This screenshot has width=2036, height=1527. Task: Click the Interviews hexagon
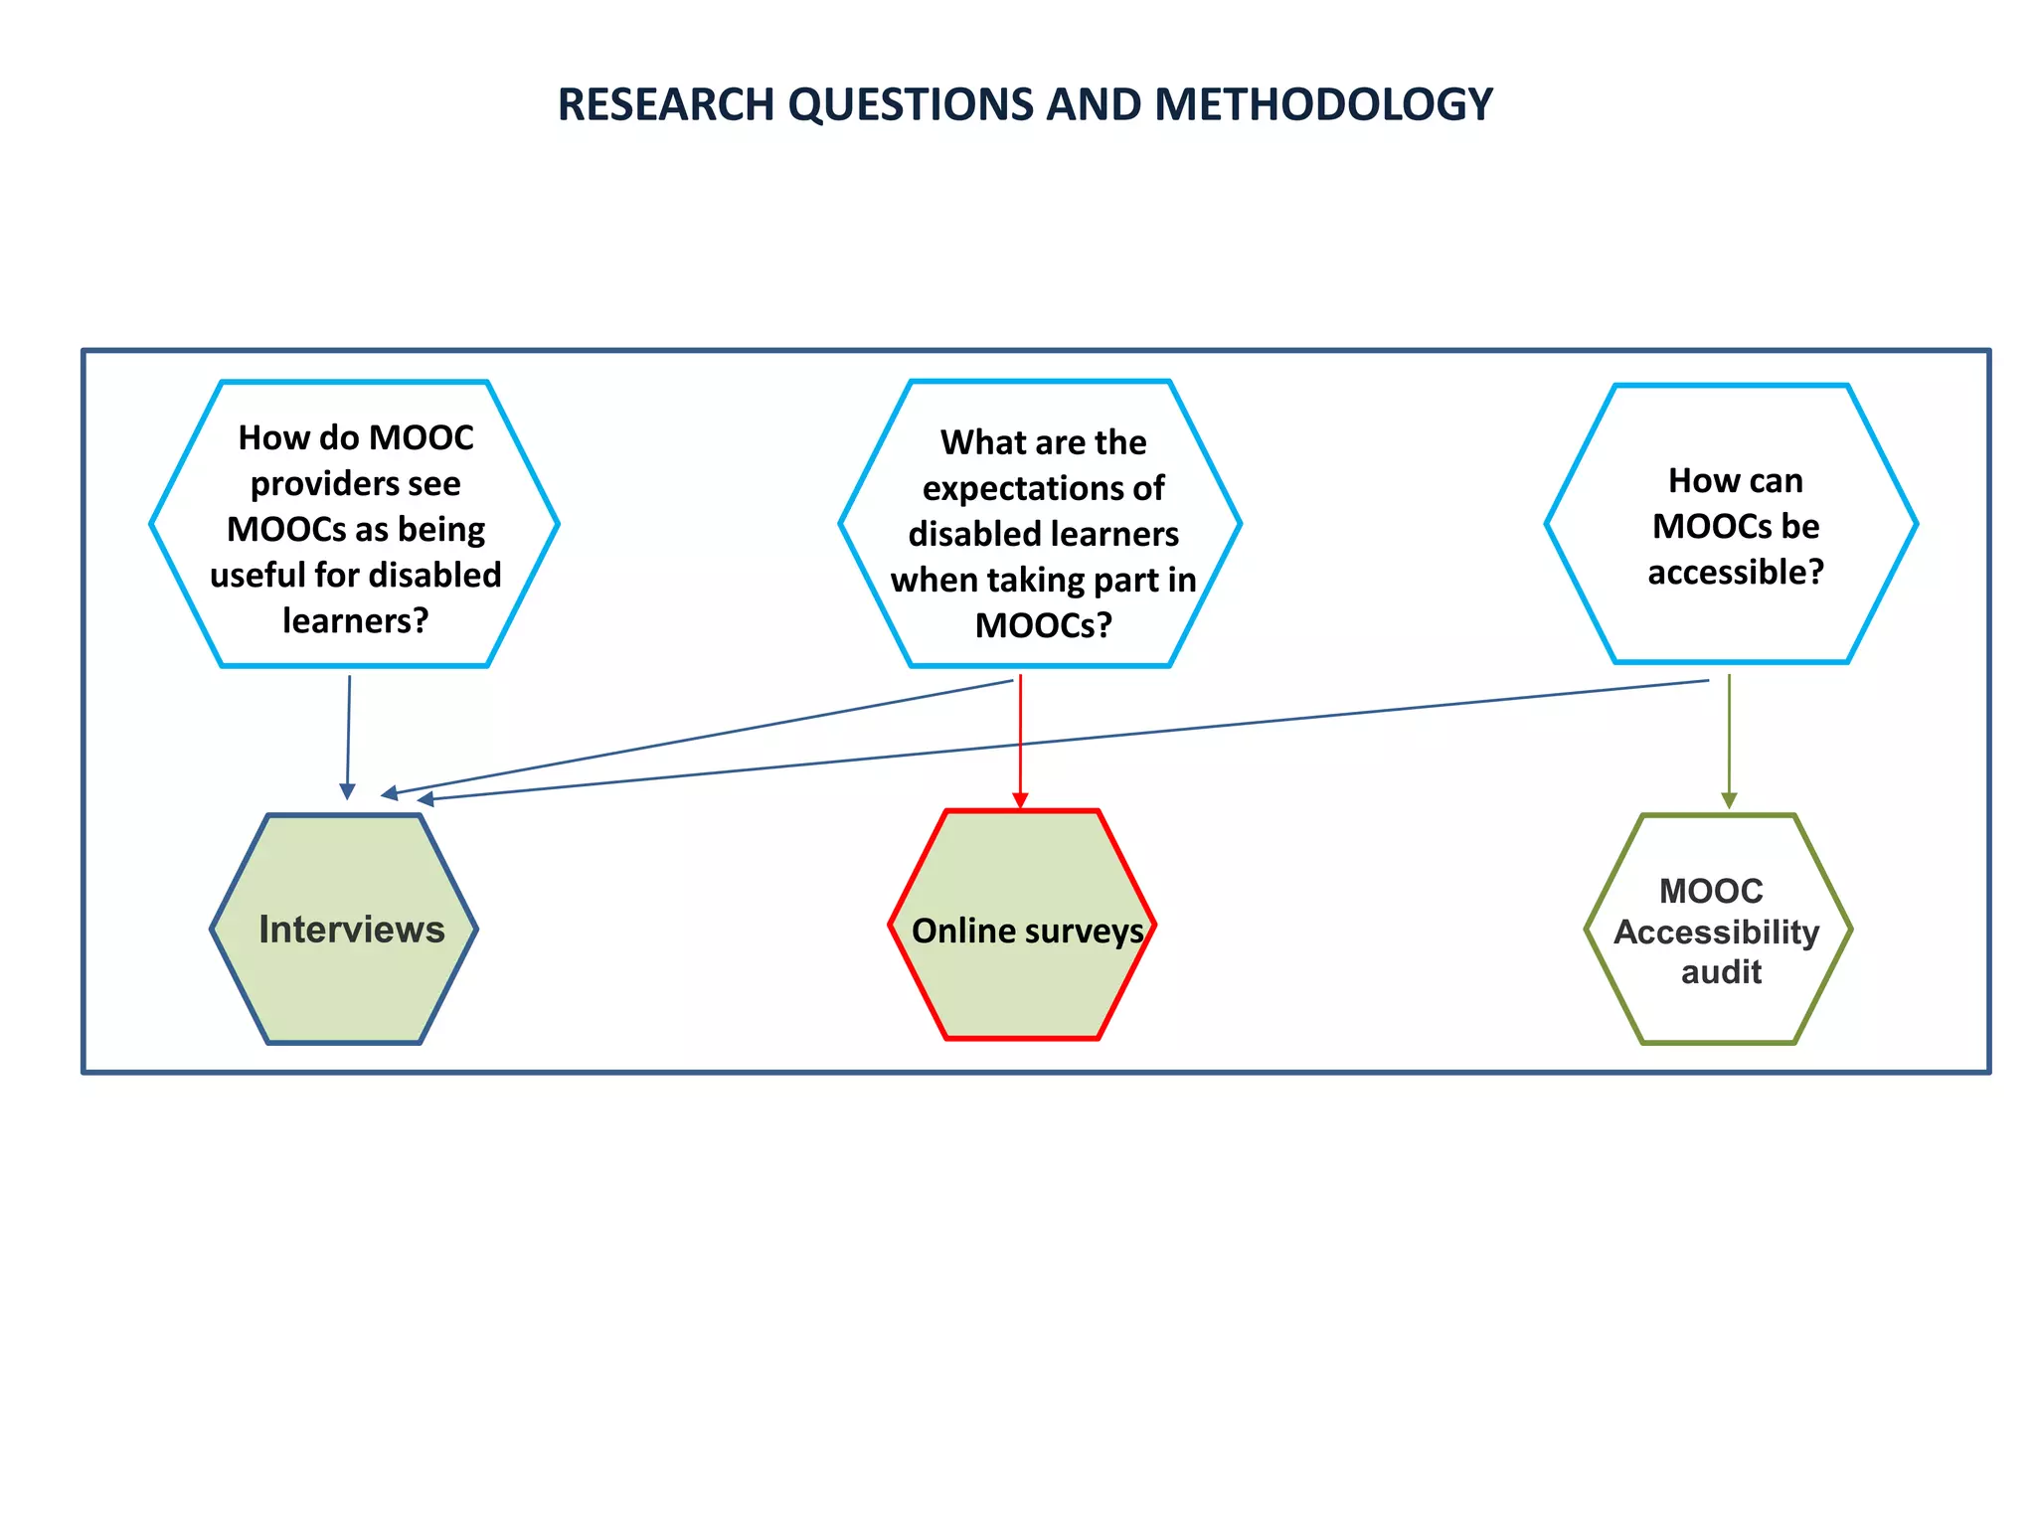click(344, 930)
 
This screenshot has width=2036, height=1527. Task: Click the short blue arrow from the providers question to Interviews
click(348, 736)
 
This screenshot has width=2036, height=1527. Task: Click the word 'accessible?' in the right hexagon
click(1736, 573)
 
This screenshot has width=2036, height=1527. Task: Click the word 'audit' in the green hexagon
click(1721, 972)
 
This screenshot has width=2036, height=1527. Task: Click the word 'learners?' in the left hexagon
click(355, 621)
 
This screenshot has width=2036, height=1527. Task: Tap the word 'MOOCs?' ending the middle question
click(1043, 625)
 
